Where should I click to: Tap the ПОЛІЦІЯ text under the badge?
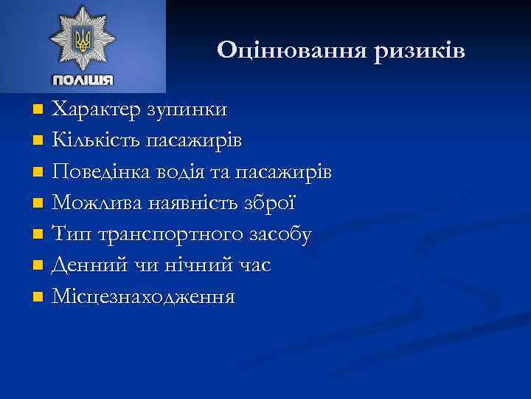(x=83, y=80)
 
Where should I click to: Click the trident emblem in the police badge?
(x=83, y=38)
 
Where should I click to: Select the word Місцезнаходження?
(x=144, y=298)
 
